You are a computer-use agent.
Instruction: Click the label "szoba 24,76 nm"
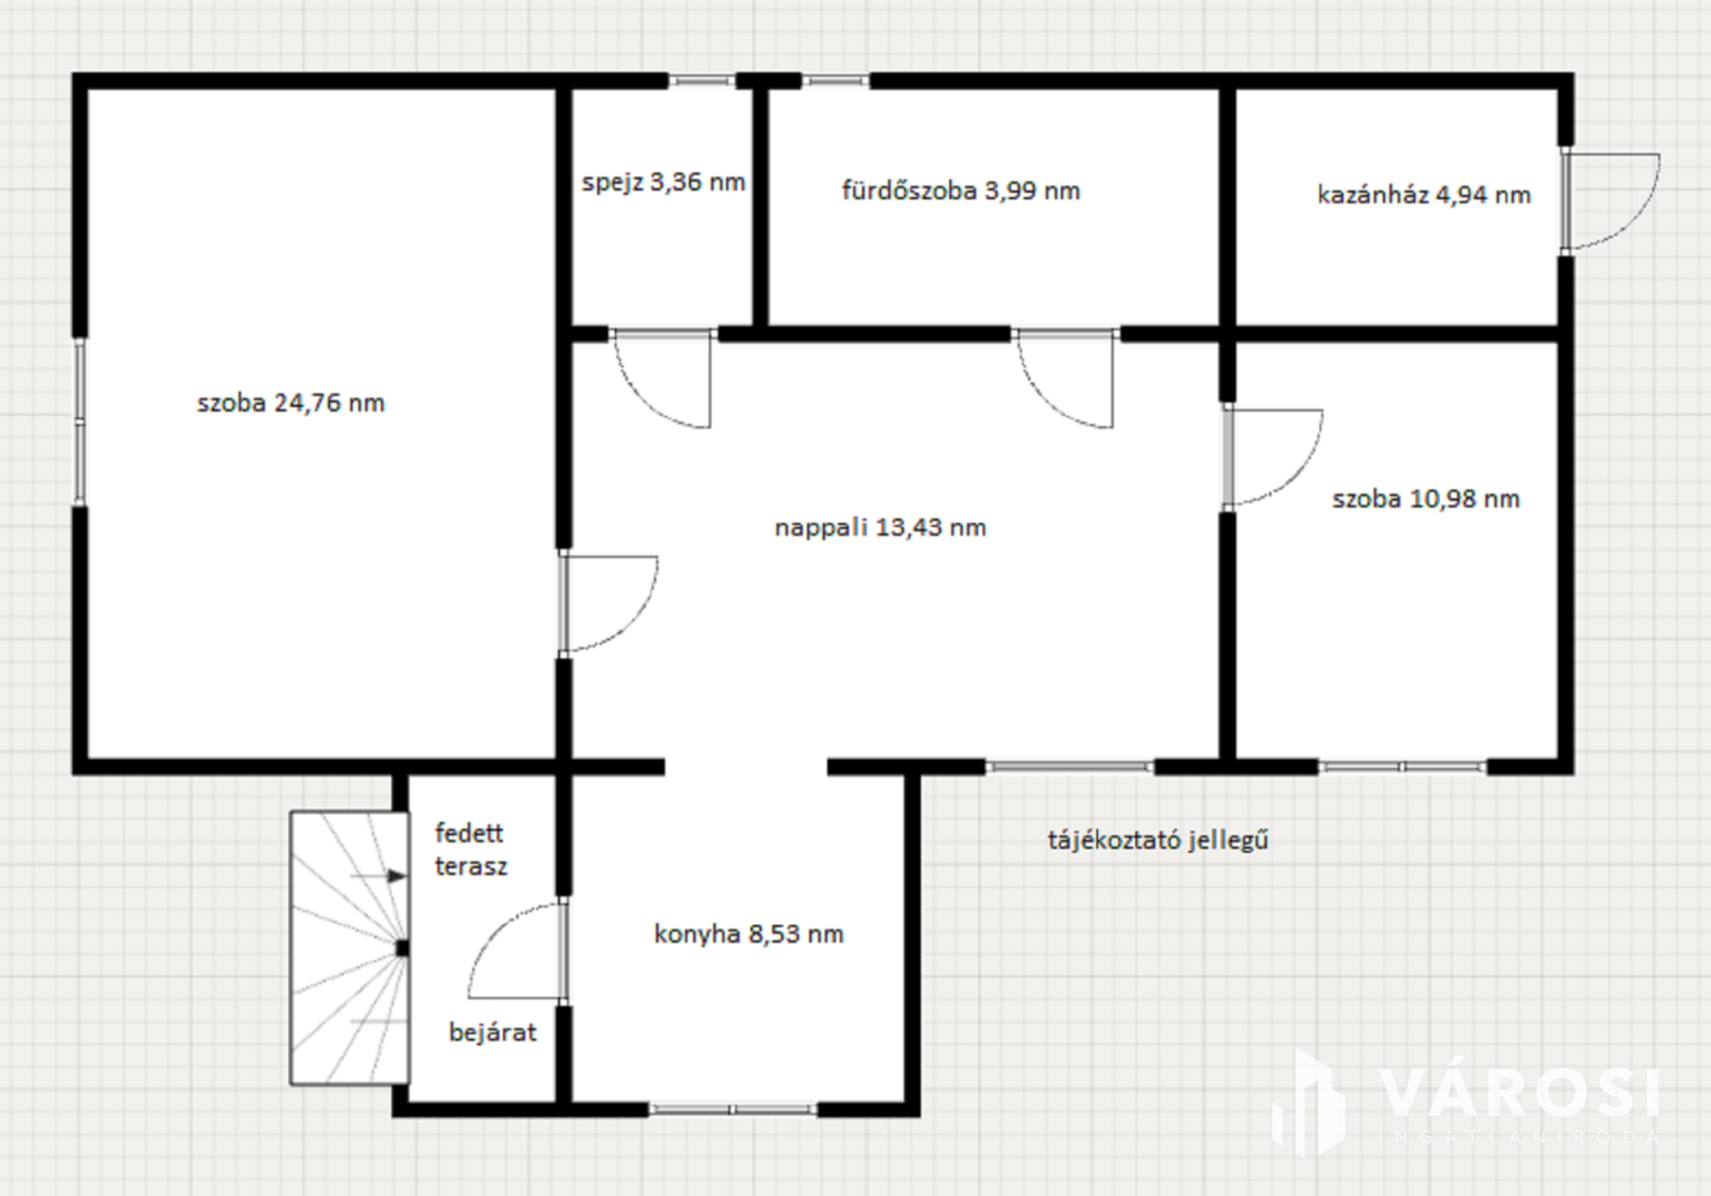point(291,403)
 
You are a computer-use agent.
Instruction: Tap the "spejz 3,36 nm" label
point(663,182)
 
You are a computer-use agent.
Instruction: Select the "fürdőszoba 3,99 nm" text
point(961,191)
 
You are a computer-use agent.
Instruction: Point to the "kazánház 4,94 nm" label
point(1424,194)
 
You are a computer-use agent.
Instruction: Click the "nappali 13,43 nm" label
point(880,528)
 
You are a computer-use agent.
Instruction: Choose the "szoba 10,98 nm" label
point(1426,499)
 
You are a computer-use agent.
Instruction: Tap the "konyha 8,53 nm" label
point(749,934)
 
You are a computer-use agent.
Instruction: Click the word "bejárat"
point(492,1032)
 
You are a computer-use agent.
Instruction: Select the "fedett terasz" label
point(471,849)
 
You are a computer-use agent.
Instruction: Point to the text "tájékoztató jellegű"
point(1158,840)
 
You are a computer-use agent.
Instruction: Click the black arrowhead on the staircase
point(397,876)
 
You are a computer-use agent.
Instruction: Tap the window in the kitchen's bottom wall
point(733,1109)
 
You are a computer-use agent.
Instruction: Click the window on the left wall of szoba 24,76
point(80,421)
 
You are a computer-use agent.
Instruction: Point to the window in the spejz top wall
point(702,81)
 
